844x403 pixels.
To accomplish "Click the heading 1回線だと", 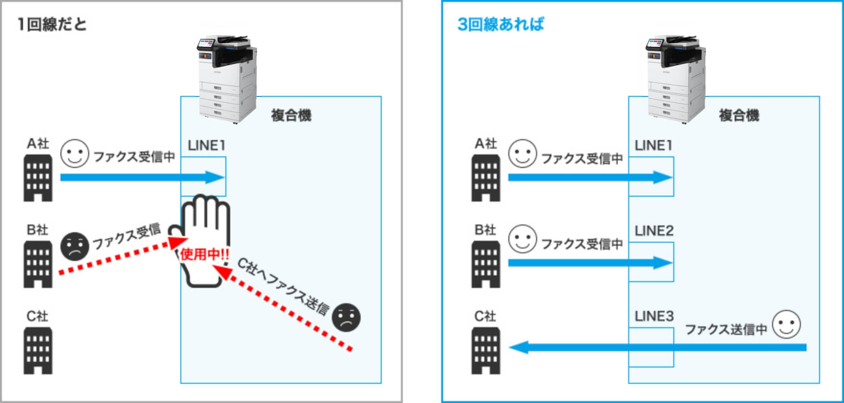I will click(x=52, y=24).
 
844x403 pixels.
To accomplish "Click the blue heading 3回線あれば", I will click(x=501, y=24).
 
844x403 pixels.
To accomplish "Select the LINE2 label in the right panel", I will click(x=654, y=231).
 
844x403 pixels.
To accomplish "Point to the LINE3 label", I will click(x=654, y=316).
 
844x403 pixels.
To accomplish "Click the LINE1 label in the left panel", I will click(x=206, y=145).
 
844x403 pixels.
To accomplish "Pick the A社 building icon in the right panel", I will click(x=486, y=178).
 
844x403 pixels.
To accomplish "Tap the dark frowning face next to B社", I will click(x=75, y=246).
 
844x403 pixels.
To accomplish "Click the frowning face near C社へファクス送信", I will click(x=346, y=317).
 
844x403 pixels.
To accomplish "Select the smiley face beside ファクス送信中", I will click(x=786, y=324).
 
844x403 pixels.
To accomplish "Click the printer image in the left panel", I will click(x=227, y=79).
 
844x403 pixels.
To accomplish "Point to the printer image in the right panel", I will click(x=675, y=79).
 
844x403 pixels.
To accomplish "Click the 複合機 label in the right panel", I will click(x=739, y=116).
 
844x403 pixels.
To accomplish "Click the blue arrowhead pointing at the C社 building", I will click(x=518, y=347).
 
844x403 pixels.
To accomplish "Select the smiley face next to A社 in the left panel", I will click(x=75, y=154).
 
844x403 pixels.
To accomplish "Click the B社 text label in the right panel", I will click(x=485, y=230).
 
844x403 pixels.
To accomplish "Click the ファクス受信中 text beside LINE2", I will click(x=582, y=244).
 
